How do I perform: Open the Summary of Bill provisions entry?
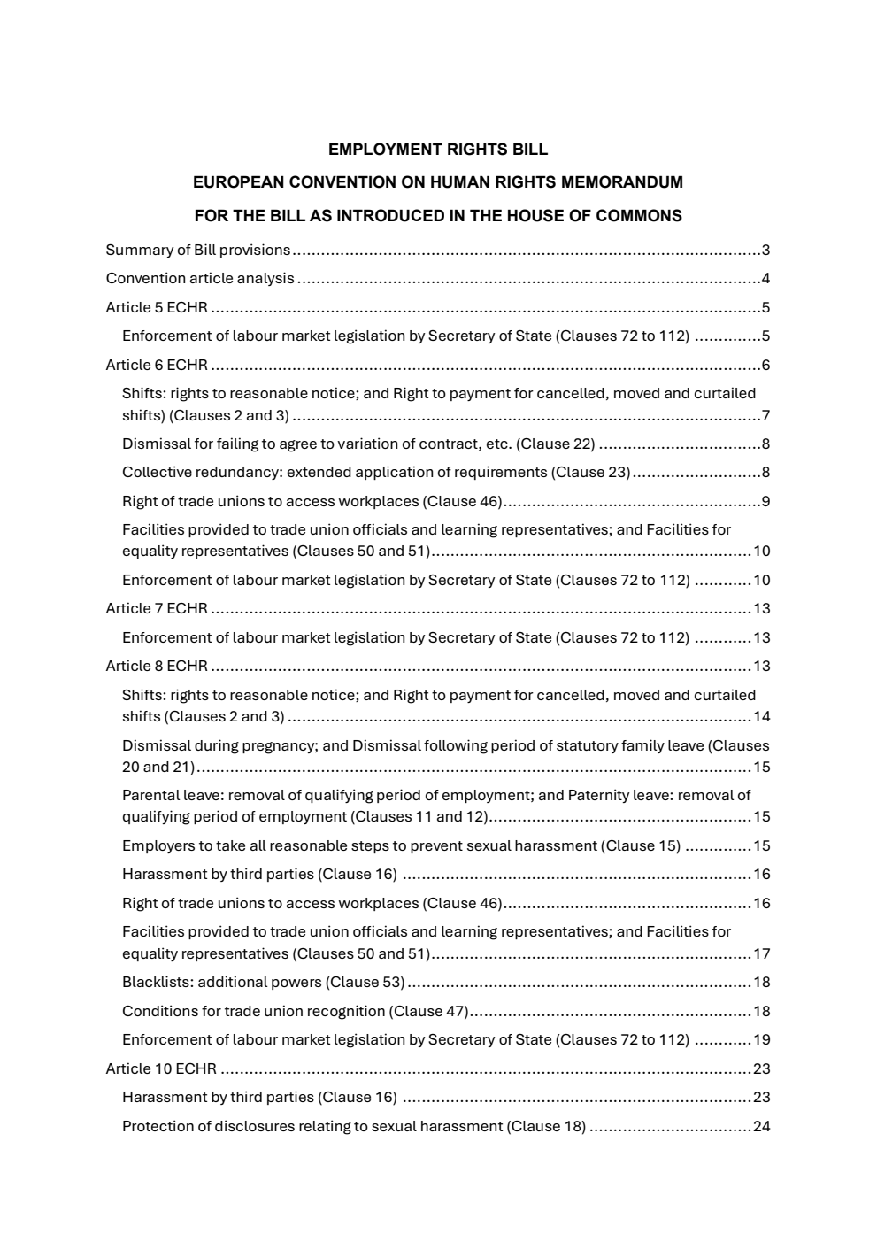click(197, 250)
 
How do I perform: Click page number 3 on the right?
click(765, 250)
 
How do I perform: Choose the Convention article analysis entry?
click(200, 278)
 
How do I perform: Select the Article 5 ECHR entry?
click(157, 308)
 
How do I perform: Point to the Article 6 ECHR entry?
click(157, 365)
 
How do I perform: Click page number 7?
click(765, 416)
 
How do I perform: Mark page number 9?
click(765, 502)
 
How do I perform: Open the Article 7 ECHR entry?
click(157, 608)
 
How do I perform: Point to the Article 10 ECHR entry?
click(161, 1068)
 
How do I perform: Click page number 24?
click(761, 1126)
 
